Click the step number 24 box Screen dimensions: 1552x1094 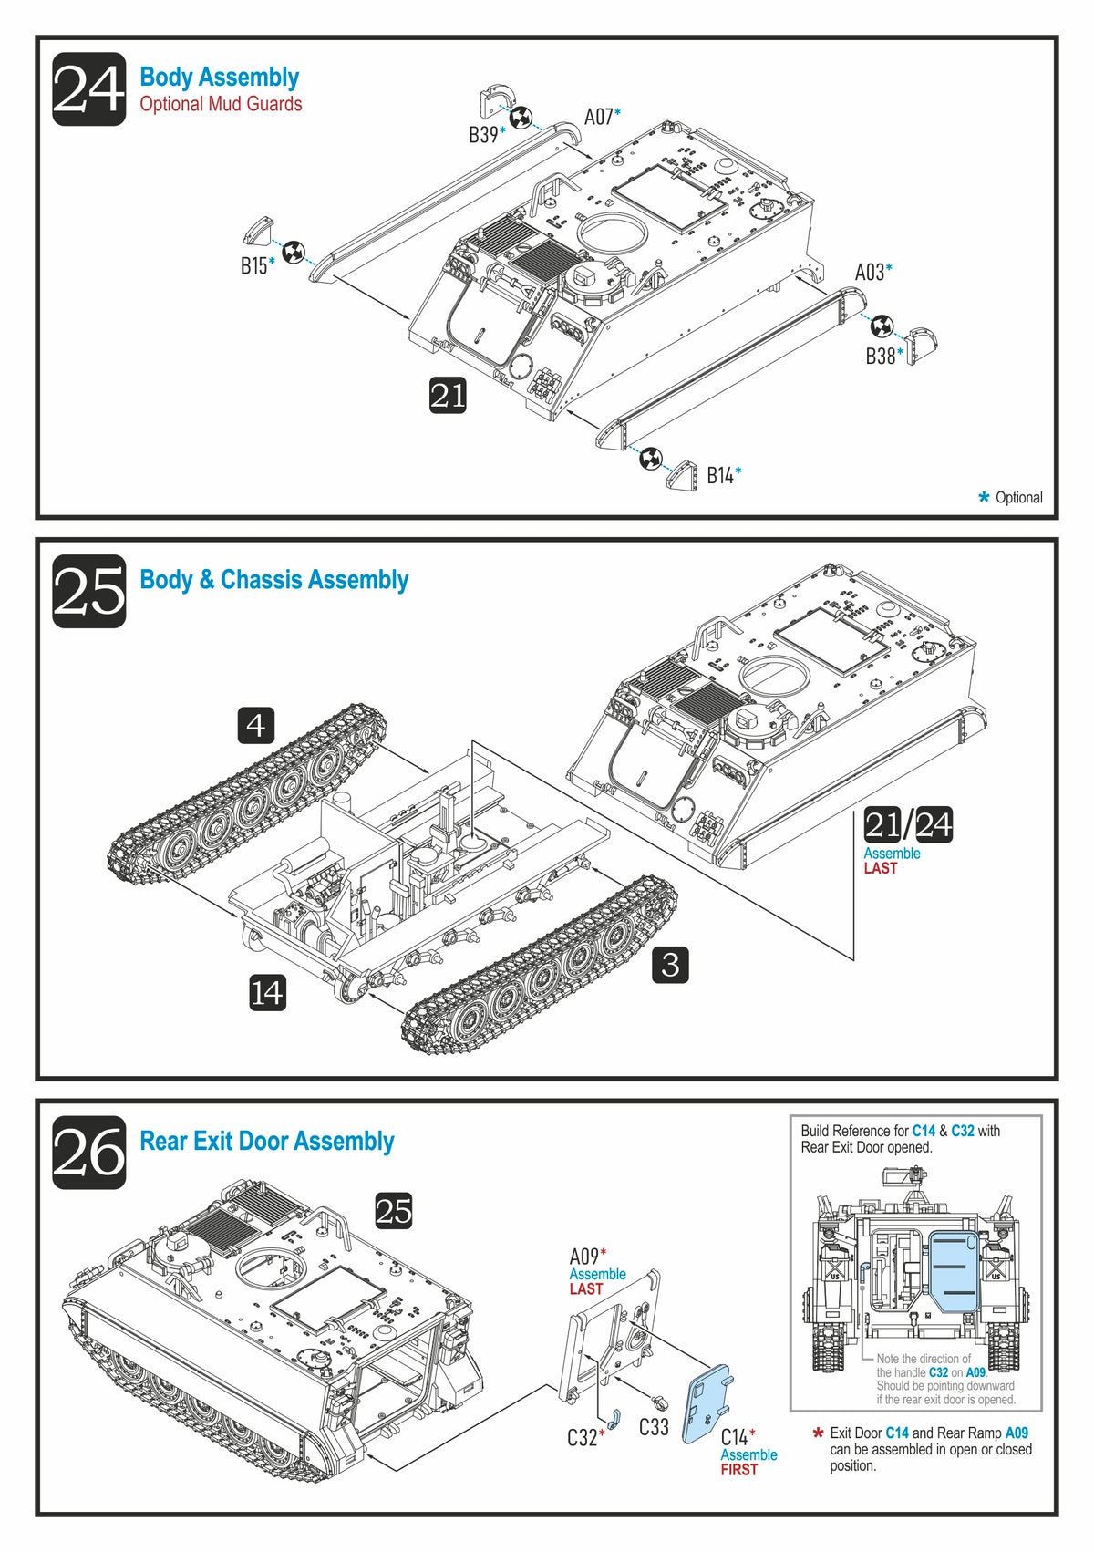[x=88, y=89]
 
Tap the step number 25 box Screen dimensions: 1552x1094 [x=88, y=591]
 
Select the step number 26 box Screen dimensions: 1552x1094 [x=88, y=1152]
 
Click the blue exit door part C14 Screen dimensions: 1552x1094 [x=708, y=1402]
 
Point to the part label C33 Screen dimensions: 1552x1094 [x=654, y=1427]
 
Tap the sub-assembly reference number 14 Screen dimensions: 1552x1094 [x=267, y=992]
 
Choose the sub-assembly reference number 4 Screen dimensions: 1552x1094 [x=256, y=725]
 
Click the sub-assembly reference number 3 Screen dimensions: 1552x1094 [x=670, y=965]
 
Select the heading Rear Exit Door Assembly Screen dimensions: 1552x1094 [x=266, y=1141]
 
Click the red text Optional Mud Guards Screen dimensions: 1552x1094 [x=221, y=104]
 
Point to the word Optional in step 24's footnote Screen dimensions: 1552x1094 [x=1018, y=498]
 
